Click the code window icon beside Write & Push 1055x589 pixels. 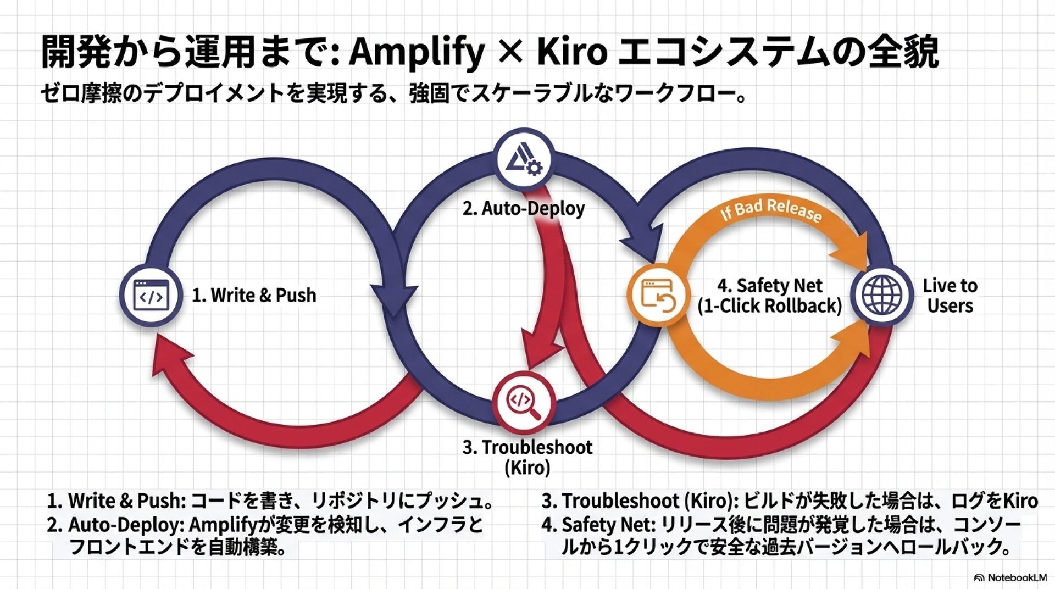(151, 296)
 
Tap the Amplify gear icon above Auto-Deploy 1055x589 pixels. (524, 160)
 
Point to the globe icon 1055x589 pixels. (882, 295)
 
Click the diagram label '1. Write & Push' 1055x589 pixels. (254, 296)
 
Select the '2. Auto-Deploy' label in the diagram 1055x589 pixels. (523, 209)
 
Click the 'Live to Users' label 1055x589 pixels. (950, 296)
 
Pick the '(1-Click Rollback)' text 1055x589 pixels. (769, 306)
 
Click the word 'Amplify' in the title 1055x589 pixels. (417, 52)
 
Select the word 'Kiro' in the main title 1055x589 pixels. (571, 52)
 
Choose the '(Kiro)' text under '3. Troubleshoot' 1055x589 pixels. (527, 468)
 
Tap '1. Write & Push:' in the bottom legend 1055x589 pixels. (117, 501)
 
